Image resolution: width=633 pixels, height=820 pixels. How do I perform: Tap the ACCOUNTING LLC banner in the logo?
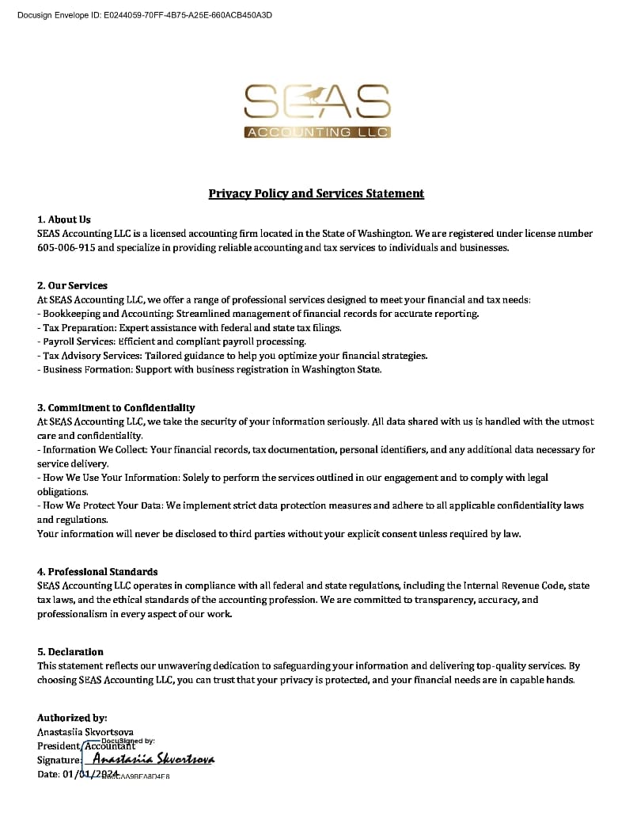pos(316,132)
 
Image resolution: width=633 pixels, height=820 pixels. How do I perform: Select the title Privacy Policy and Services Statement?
pos(316,193)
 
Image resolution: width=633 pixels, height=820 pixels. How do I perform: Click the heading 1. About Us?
pos(64,219)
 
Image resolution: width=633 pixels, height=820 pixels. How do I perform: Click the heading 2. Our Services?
pos(72,285)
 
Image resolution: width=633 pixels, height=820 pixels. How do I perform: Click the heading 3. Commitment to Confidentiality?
pos(116,407)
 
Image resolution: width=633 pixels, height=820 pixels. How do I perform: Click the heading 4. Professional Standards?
pos(97,571)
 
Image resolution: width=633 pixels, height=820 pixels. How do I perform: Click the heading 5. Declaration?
pos(70,652)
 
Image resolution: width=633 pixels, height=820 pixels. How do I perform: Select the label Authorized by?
pos(72,718)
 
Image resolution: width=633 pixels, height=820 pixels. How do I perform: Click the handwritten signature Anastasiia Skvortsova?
pos(154,760)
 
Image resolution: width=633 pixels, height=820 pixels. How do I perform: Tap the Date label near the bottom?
pos(48,774)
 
